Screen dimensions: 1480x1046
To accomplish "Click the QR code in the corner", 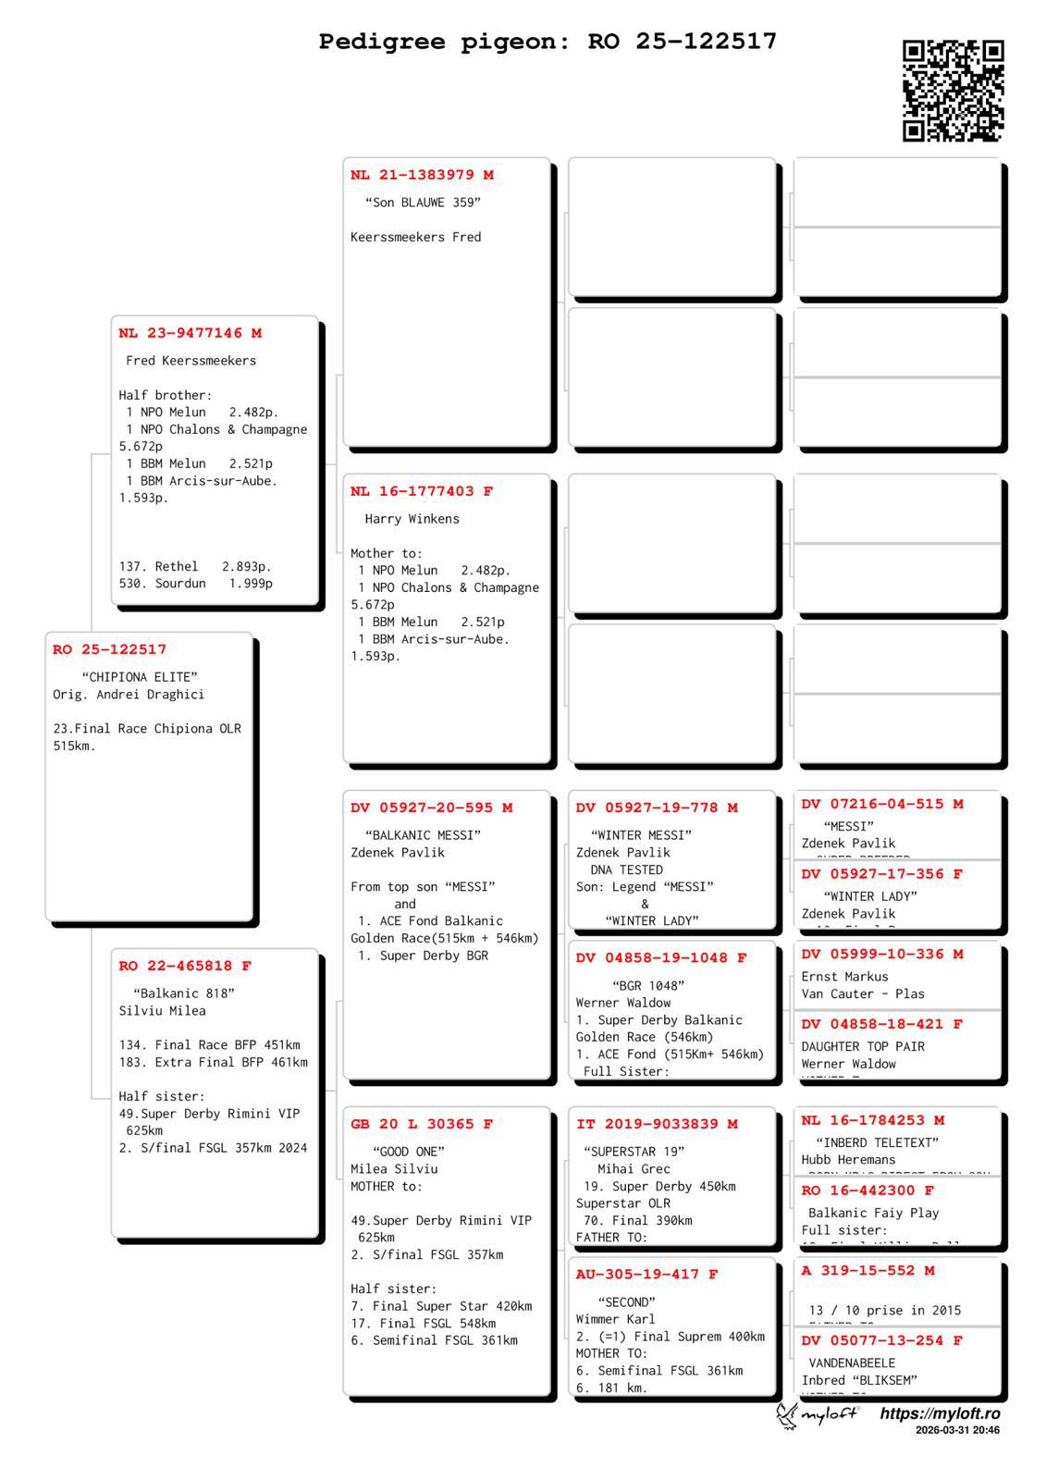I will tap(953, 91).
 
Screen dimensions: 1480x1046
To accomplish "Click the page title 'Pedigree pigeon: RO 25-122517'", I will tap(548, 42).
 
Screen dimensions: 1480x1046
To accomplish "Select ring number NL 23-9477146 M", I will tap(190, 333).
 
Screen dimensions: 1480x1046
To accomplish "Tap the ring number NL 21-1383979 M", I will tap(422, 175).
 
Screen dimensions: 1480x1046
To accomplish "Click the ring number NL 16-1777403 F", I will tap(422, 491).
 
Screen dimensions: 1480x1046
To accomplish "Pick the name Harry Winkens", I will tap(412, 519).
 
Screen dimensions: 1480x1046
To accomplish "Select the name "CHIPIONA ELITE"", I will tap(140, 677).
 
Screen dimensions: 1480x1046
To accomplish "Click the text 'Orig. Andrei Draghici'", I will tap(129, 695).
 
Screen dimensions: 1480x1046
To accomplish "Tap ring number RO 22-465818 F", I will tap(185, 966).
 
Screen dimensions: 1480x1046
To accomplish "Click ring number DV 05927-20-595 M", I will tap(431, 808).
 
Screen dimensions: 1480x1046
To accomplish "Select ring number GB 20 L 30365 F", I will tap(422, 1124).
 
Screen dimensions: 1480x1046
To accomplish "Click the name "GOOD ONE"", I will tap(408, 1152).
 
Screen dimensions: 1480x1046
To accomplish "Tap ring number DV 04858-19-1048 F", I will tap(661, 957).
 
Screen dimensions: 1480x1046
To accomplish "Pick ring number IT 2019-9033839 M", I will tap(657, 1124).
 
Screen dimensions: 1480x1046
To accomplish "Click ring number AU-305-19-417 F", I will tap(646, 1274).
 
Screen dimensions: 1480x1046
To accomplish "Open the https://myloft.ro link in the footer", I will tap(940, 1413).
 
